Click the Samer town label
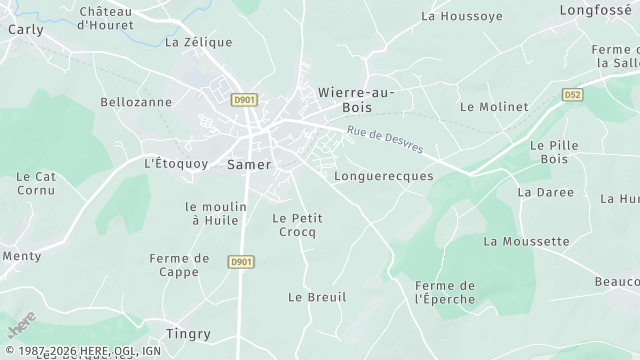(x=250, y=162)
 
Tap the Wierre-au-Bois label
(x=355, y=98)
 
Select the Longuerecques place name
(x=383, y=175)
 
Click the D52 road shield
(x=571, y=95)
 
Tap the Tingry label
(x=188, y=333)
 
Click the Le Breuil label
(x=316, y=297)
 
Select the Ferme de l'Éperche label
(x=444, y=291)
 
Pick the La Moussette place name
(x=526, y=241)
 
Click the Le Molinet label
(x=493, y=106)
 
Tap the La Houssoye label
(x=461, y=16)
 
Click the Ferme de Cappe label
(x=179, y=264)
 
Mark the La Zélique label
(x=198, y=42)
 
